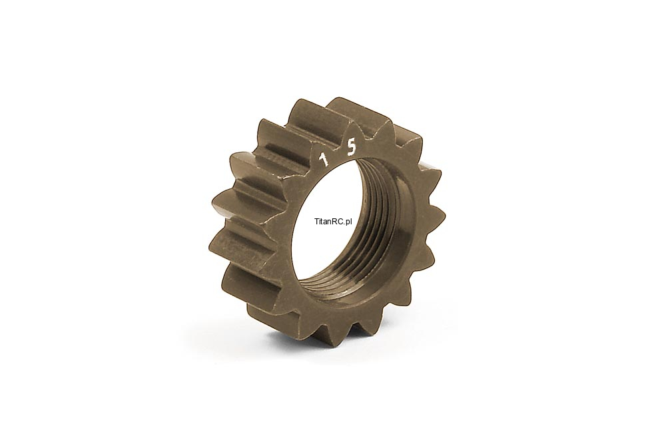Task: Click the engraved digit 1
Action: (x=325, y=160)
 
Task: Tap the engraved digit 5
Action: (x=352, y=148)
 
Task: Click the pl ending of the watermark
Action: (x=350, y=222)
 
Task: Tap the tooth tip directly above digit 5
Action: (x=354, y=122)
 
